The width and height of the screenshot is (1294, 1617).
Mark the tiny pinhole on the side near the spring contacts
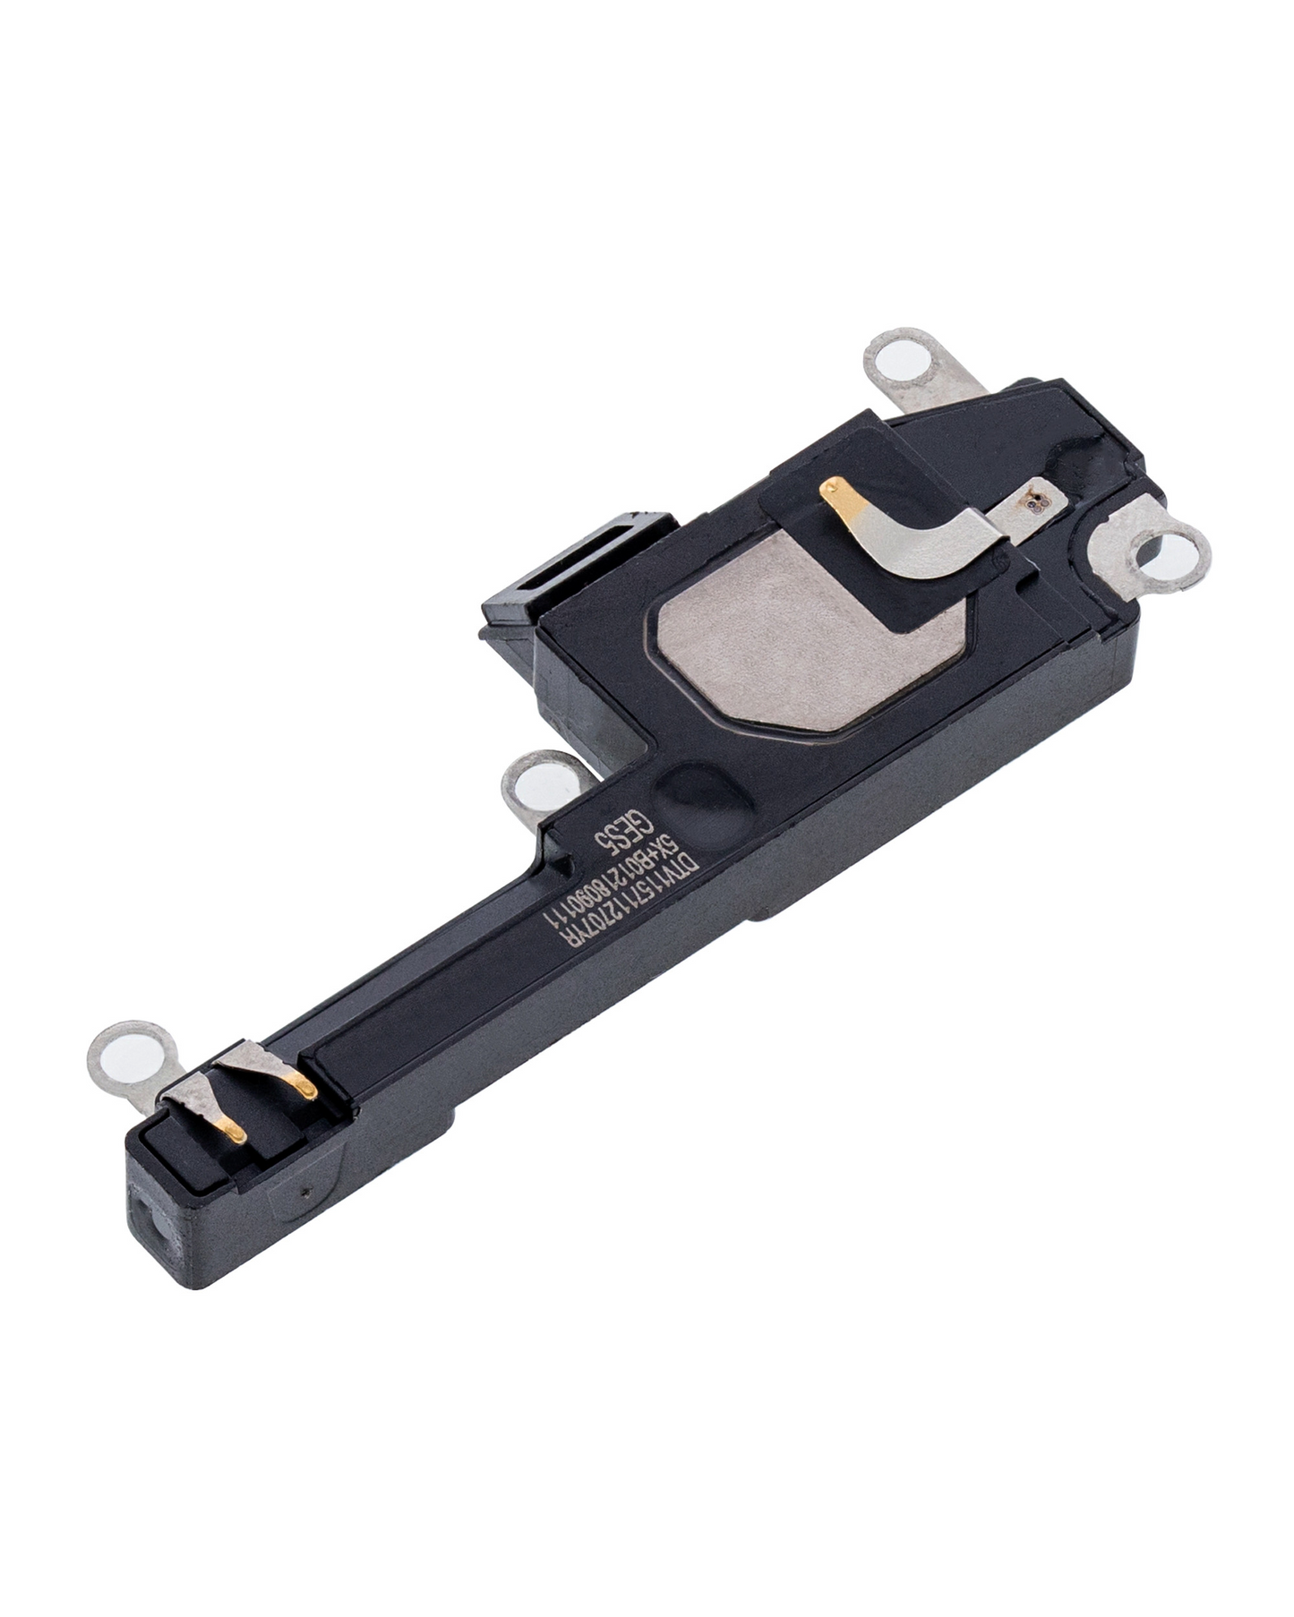tap(306, 1194)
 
